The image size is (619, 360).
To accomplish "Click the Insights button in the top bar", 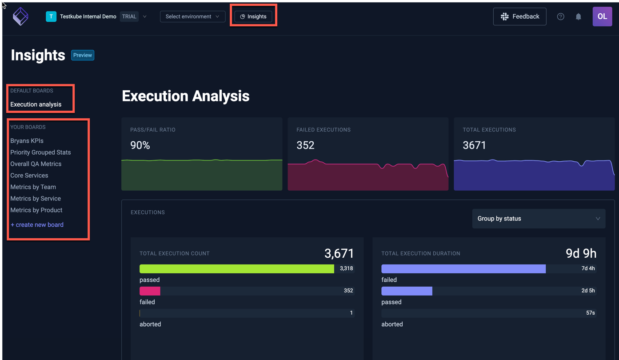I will click(253, 16).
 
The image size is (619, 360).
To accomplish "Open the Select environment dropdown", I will click(192, 16).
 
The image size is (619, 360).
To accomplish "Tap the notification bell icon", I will click(578, 16).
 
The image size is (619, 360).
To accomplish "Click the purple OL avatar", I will click(602, 16).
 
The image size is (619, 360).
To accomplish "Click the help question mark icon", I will click(560, 16).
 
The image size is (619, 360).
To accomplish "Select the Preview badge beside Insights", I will click(83, 55).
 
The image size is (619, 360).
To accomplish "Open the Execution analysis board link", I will click(36, 104).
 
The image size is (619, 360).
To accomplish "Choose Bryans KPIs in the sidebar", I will click(27, 141).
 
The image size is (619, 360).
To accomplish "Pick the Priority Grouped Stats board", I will click(40, 152).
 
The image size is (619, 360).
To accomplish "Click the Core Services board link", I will click(29, 176).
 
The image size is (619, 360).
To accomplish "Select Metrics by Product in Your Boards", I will click(36, 210).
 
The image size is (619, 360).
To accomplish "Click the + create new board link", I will click(37, 225).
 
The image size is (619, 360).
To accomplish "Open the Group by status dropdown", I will click(538, 219).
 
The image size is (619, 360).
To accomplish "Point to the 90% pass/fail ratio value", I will click(140, 145).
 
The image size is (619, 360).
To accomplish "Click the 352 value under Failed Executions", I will click(305, 145).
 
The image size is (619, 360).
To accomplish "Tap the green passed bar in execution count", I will click(236, 269).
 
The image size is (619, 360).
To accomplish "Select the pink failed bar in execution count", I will click(150, 291).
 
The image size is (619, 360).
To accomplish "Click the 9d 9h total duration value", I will click(581, 253).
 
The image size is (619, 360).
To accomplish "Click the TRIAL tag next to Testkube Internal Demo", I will click(129, 16).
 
